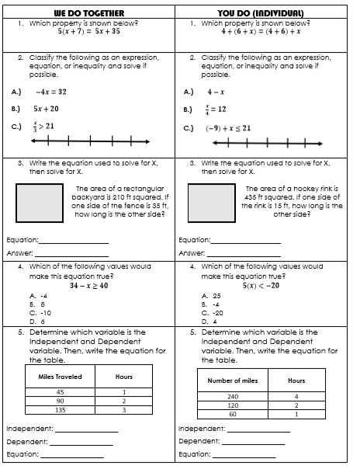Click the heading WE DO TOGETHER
[x=89, y=12]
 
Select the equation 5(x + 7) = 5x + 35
[x=89, y=33]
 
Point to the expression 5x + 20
[x=47, y=109]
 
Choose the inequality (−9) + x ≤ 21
[x=229, y=127]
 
